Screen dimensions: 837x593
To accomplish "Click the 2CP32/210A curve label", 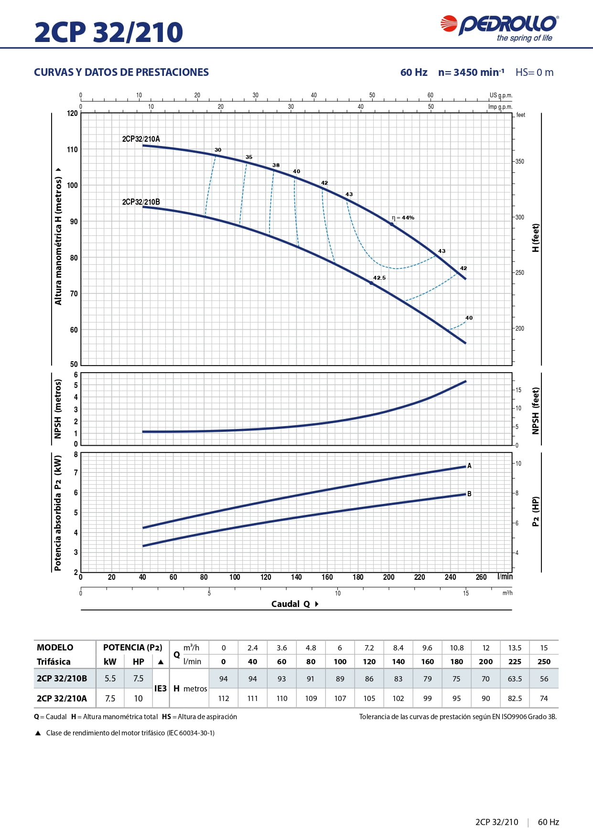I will point(141,139).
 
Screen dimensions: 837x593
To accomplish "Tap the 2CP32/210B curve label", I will point(141,202).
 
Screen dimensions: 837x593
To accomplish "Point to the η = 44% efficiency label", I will point(403,218).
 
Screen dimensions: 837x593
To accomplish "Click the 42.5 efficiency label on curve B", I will point(379,278).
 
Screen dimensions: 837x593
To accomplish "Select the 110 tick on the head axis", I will point(72,149).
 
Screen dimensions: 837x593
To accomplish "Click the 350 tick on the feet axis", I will point(519,161).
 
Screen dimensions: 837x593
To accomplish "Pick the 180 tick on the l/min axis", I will point(358,577).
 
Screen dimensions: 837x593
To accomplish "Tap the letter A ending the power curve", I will point(469,466).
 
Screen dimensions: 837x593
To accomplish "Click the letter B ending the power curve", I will point(469,494).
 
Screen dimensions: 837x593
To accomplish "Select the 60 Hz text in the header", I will point(414,73).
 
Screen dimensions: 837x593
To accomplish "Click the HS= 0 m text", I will point(534,73).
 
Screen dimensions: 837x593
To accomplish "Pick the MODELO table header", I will point(55,648).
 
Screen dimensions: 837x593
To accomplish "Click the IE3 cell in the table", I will point(161,689).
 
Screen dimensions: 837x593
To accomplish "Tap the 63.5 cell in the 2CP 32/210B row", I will point(515,679).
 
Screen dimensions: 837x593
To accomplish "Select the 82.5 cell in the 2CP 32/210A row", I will point(515,698).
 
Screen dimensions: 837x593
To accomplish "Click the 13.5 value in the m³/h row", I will point(515,648).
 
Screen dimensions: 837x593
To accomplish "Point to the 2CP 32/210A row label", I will point(62,698).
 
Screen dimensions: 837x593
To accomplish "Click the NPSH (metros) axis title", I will point(58,408).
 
